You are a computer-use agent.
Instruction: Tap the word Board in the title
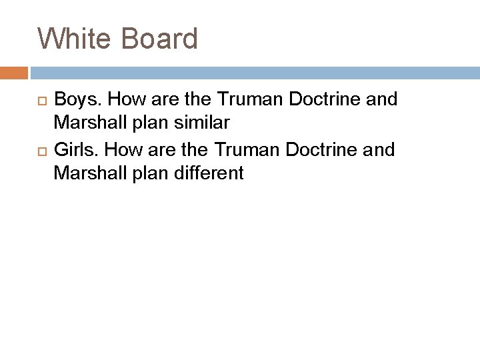160,39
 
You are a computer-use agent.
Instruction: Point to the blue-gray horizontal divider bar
253,72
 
